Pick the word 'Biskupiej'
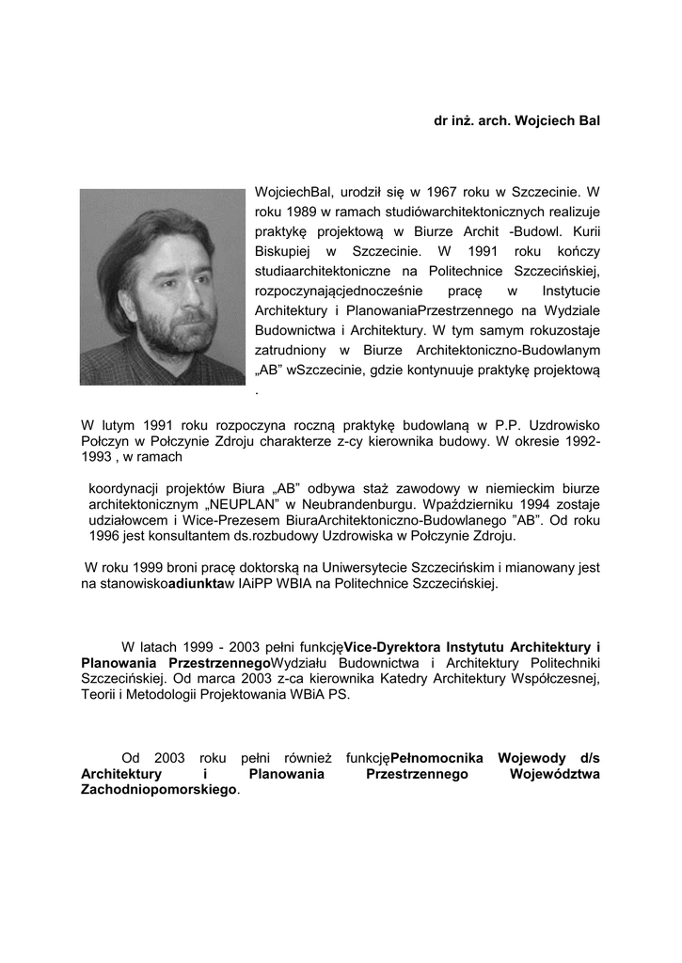point(283,252)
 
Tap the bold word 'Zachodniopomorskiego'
point(158,791)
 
